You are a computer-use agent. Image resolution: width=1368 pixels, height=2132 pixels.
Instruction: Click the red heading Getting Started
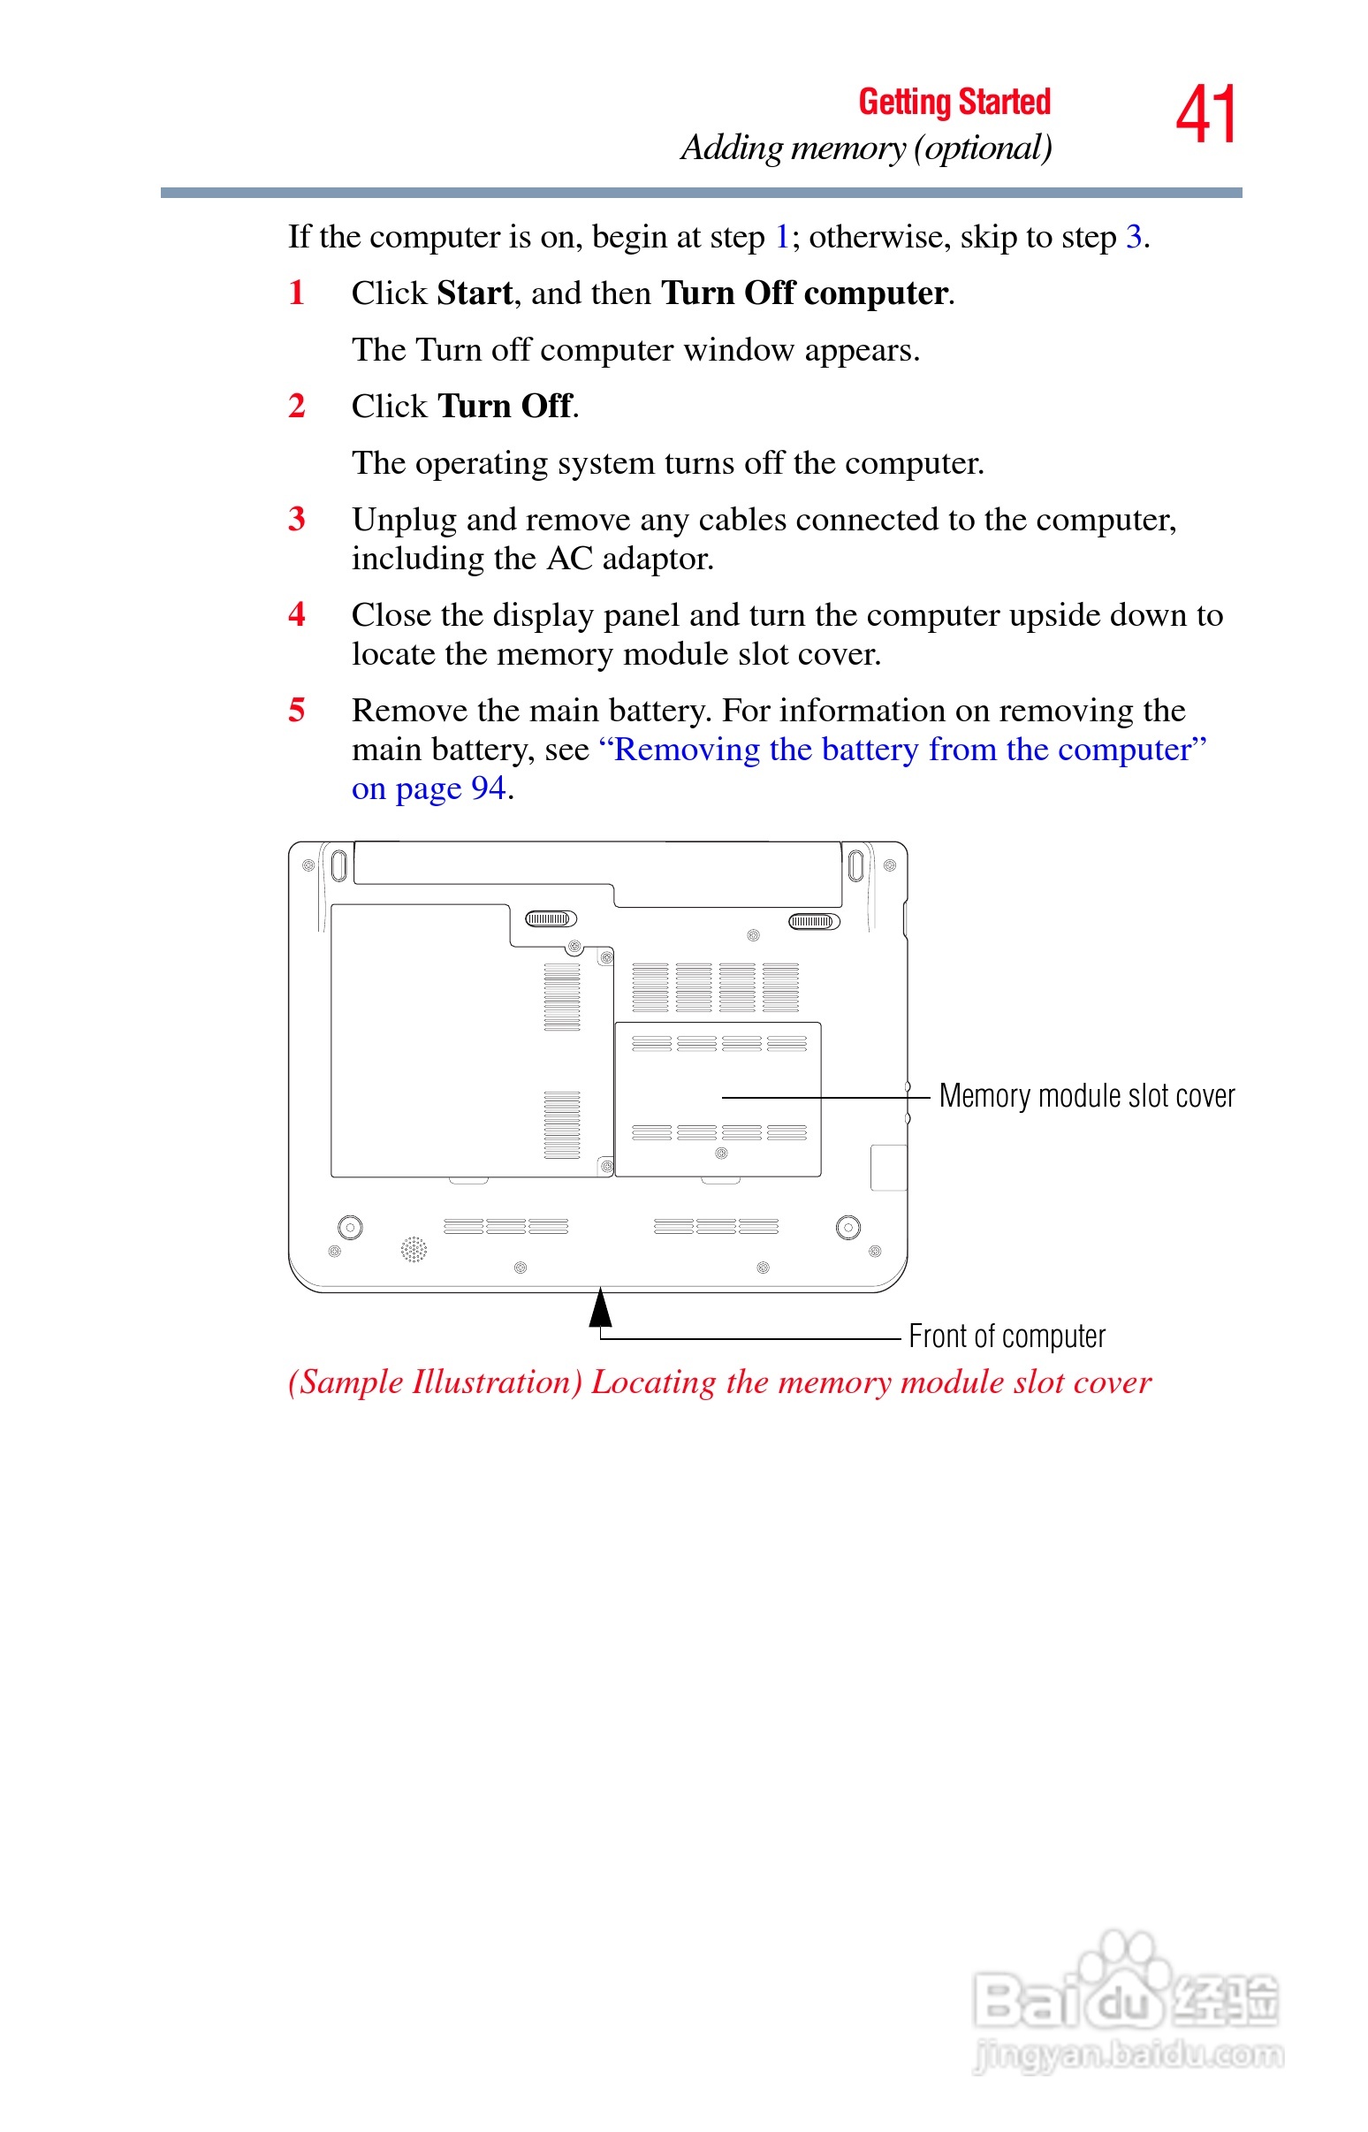coord(954,103)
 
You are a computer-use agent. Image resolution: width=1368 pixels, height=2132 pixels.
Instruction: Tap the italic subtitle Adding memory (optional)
coord(866,148)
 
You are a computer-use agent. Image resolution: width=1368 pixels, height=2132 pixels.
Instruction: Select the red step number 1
coord(297,293)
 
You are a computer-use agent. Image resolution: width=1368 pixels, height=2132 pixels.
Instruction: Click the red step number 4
coord(297,614)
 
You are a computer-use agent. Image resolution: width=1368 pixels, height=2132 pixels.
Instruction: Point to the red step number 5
coord(297,711)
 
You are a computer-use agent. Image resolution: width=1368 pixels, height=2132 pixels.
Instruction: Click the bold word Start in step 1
coord(475,293)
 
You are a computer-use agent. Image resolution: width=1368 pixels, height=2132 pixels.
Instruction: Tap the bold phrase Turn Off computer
coord(804,293)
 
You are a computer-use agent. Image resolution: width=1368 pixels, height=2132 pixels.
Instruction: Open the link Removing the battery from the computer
coord(902,750)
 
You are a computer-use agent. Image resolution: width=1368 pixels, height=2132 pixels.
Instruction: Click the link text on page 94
coord(429,788)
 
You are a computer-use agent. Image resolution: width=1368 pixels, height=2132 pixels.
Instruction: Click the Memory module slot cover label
coord(1086,1096)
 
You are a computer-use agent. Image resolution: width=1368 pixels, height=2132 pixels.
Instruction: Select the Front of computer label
coord(1007,1336)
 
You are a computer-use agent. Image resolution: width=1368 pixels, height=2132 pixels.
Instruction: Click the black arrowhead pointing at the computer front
coord(601,1307)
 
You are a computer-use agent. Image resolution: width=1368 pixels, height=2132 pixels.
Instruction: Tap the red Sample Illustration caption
coord(719,1382)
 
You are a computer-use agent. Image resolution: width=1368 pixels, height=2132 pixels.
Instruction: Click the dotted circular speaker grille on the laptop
coord(414,1249)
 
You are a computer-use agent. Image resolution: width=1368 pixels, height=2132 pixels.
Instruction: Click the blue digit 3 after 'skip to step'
coord(1134,237)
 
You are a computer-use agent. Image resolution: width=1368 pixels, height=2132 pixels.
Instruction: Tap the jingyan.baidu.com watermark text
coord(1128,2056)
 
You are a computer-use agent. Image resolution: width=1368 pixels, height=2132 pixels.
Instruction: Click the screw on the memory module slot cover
coord(721,1153)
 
